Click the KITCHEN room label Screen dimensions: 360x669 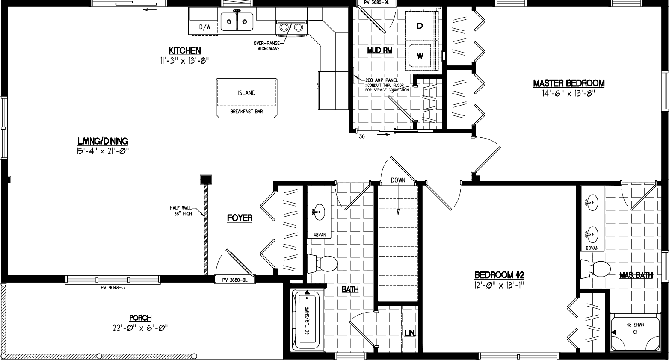[x=184, y=50]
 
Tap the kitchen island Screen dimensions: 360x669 [x=246, y=93]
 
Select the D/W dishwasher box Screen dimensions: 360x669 [x=205, y=27]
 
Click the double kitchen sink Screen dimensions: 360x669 [x=237, y=21]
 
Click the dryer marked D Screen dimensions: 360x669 [x=420, y=26]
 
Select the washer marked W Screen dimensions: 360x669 [x=420, y=55]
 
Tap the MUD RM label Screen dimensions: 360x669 [x=380, y=50]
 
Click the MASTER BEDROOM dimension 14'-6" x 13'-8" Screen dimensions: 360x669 [x=568, y=94]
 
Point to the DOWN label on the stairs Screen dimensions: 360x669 [x=398, y=180]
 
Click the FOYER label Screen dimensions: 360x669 [x=240, y=218]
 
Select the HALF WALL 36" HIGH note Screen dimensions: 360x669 [x=181, y=211]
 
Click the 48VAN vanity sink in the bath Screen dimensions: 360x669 [x=317, y=212]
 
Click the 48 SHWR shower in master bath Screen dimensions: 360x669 [x=634, y=333]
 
